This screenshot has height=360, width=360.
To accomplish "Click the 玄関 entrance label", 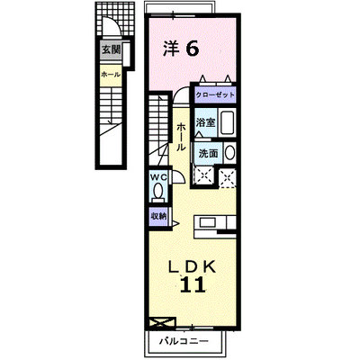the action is click(111, 49).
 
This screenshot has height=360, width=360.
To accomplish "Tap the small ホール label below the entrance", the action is click(111, 75).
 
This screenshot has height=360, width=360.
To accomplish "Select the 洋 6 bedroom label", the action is click(181, 49).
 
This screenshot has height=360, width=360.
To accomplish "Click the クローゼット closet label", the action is click(215, 95).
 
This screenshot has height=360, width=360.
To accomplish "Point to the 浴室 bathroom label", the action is click(206, 122).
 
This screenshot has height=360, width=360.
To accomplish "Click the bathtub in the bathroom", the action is click(228, 123).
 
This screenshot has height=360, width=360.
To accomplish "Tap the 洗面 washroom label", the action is click(208, 154).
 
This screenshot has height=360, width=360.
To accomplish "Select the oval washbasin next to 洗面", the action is click(229, 153).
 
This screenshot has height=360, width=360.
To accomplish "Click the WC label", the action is click(158, 177).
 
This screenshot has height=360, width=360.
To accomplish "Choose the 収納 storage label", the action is click(158, 216).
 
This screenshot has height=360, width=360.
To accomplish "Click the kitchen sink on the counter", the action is click(208, 223).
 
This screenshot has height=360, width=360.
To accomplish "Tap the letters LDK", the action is click(192, 266).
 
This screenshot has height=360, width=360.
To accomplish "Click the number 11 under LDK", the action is click(193, 284).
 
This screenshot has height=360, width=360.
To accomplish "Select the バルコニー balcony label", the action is click(184, 341).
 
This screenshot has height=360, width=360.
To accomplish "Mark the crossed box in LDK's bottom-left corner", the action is click(162, 324).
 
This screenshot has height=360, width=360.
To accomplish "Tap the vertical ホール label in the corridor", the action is click(181, 137).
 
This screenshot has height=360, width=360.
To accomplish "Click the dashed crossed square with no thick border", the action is click(228, 178).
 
